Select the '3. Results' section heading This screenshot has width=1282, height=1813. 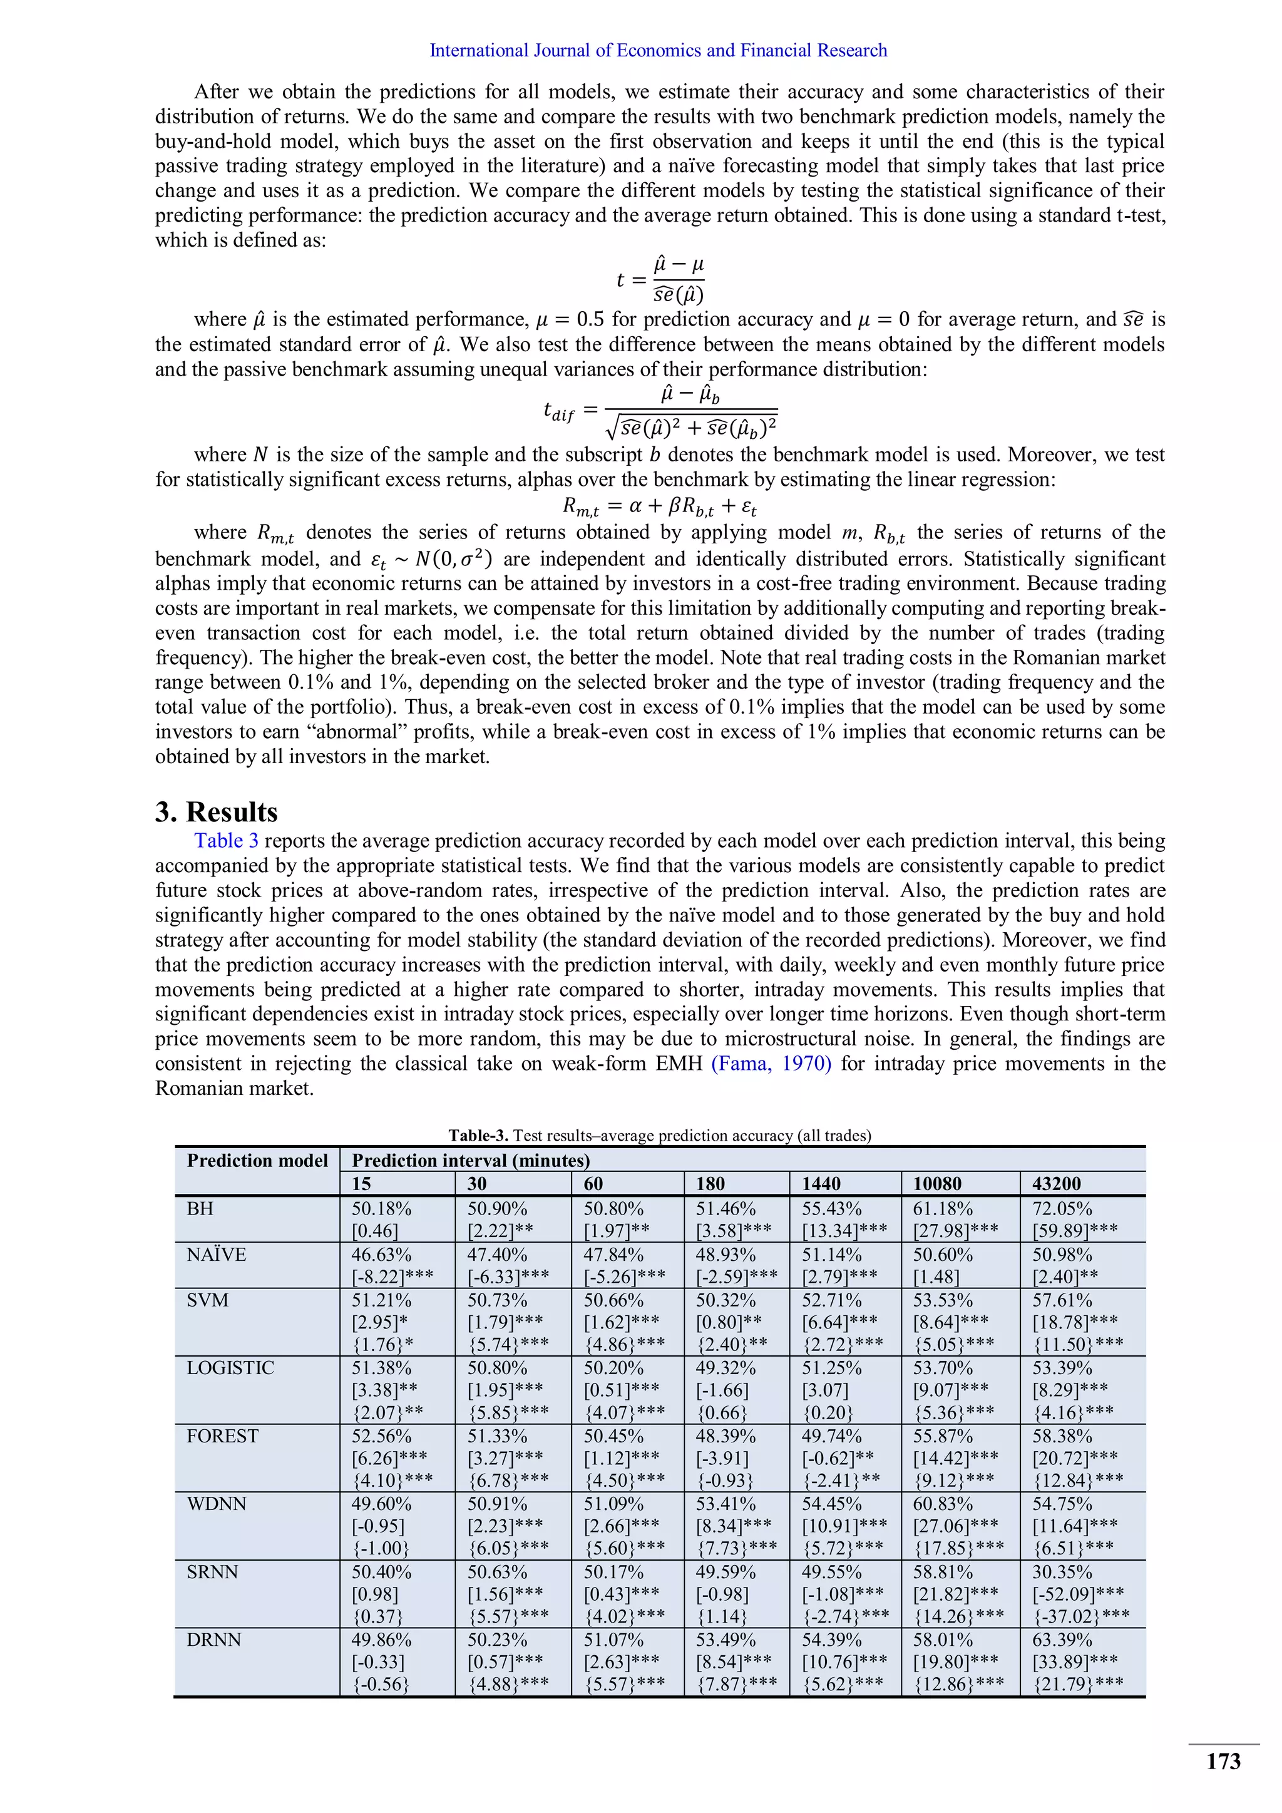click(217, 812)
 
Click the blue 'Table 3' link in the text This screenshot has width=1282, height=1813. click(226, 840)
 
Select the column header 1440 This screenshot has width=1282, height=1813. click(821, 1183)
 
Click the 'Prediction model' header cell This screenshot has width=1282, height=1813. click(257, 1160)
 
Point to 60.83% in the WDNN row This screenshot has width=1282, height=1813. click(943, 1504)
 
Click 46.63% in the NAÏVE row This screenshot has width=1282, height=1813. click(381, 1255)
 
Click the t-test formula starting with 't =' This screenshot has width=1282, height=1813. click(660, 280)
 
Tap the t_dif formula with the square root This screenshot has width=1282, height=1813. click(660, 411)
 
